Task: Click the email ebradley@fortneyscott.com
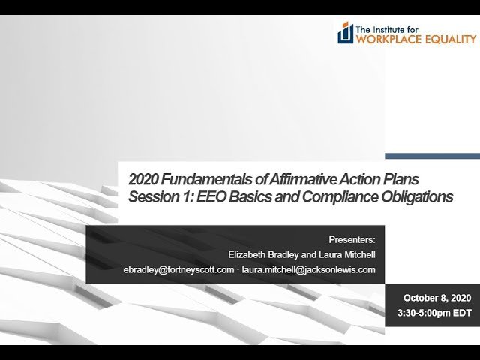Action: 178,270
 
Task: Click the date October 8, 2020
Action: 435,298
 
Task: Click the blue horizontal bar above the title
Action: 432,156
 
